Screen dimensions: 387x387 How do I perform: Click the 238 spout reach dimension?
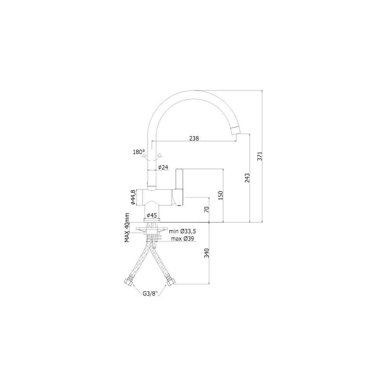(x=194, y=138)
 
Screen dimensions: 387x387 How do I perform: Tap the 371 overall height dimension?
(x=260, y=156)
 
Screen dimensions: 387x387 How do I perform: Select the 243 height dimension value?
(x=247, y=178)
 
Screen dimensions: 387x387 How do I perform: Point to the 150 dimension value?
(x=221, y=195)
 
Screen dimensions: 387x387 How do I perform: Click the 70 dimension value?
(x=207, y=209)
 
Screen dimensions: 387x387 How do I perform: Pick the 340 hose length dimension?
(x=207, y=253)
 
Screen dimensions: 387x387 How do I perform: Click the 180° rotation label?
(x=139, y=152)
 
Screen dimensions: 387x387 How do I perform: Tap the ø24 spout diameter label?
(x=163, y=167)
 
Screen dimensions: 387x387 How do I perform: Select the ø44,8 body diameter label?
(x=133, y=197)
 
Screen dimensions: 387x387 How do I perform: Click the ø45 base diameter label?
(x=152, y=215)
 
